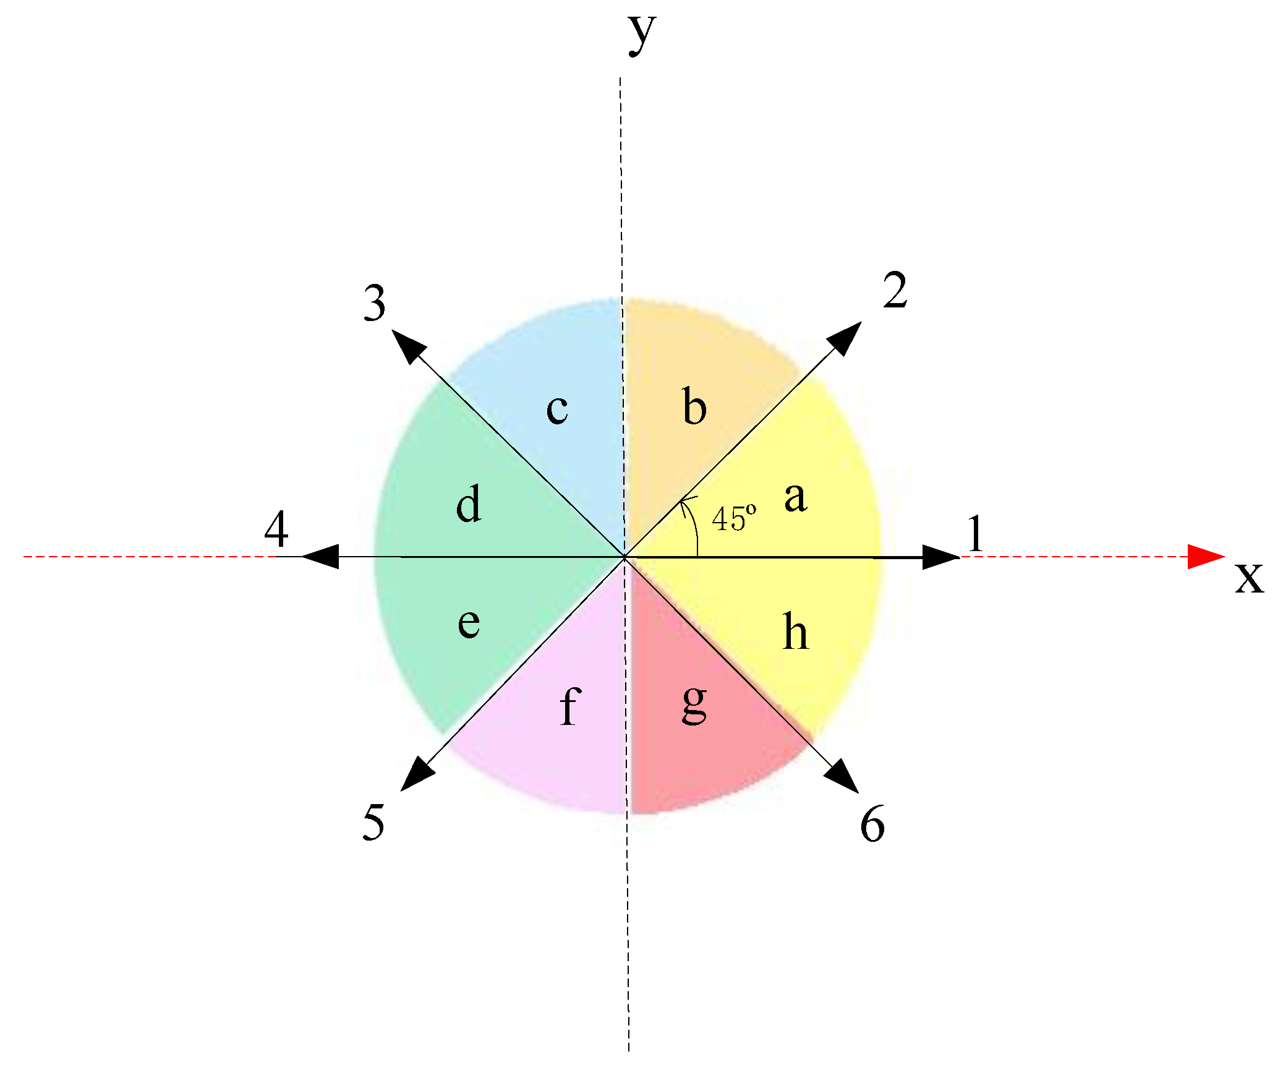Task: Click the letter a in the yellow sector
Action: pyautogui.click(x=795, y=497)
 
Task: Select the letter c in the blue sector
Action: pyautogui.click(x=556, y=409)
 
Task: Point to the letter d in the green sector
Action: pyautogui.click(x=468, y=503)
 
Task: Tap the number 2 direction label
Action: pyautogui.click(x=895, y=290)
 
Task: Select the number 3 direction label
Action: pyautogui.click(x=375, y=303)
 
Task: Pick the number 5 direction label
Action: pyautogui.click(x=373, y=822)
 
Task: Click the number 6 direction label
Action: pyautogui.click(x=872, y=824)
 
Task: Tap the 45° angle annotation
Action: pyautogui.click(x=733, y=518)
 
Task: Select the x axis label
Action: pyautogui.click(x=1249, y=577)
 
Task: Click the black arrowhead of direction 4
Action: pyautogui.click(x=322, y=557)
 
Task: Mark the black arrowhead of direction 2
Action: pyautogui.click(x=846, y=337)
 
